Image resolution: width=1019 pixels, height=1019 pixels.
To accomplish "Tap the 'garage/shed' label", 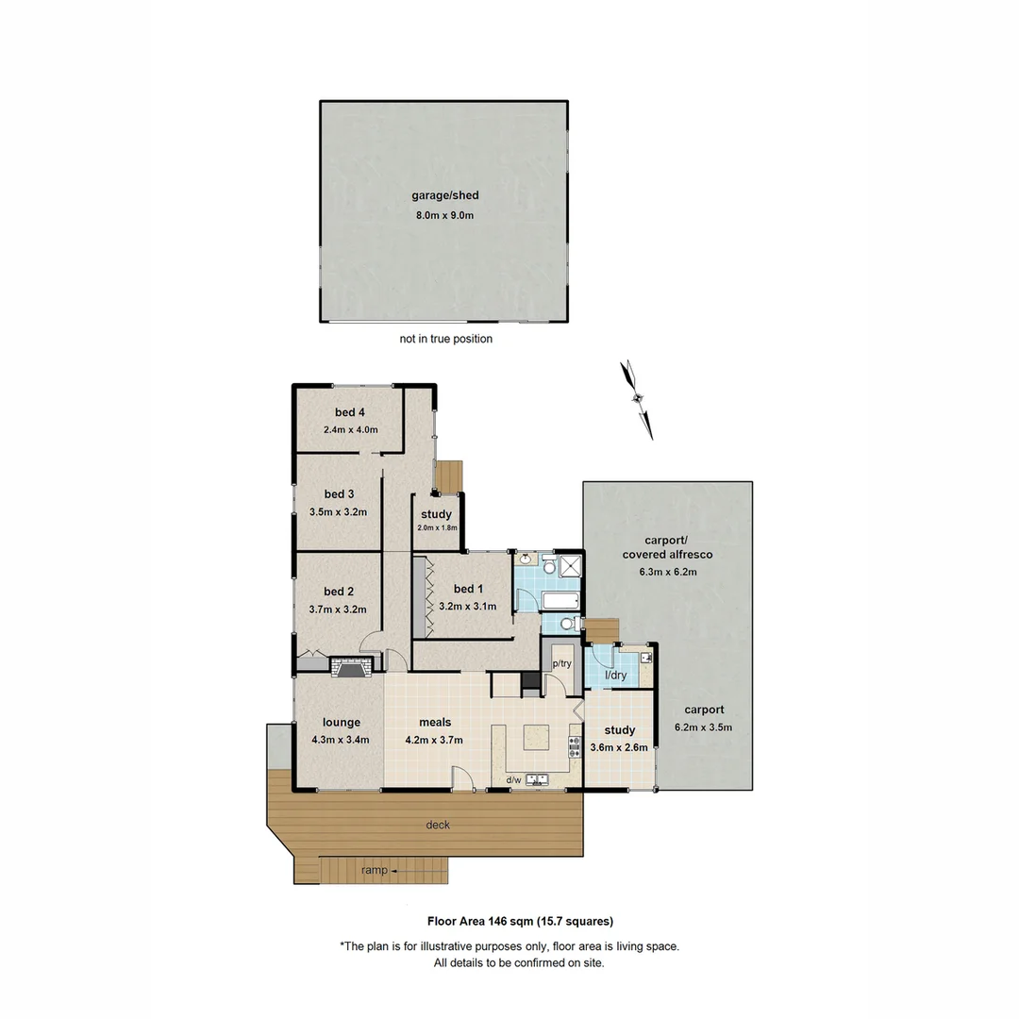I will tap(444, 195).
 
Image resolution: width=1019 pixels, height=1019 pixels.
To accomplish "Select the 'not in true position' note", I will tap(445, 339).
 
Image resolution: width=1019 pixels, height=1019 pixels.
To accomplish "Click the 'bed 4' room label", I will tap(350, 412).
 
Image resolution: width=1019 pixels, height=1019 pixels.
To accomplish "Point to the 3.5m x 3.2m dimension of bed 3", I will tap(338, 512).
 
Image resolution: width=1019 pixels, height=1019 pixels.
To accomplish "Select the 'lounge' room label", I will tap(342, 723).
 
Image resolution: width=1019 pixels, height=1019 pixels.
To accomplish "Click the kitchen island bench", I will tap(536, 737).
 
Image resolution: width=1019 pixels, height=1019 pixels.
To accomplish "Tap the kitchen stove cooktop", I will tap(573, 748).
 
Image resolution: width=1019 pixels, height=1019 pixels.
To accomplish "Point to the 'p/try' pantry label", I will tap(562, 664).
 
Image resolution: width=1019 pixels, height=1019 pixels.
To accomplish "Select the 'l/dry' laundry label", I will tap(615, 677).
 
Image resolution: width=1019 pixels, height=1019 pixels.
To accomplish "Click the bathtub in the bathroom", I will tap(539, 601).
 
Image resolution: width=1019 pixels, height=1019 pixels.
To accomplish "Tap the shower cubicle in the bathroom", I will tap(571, 566).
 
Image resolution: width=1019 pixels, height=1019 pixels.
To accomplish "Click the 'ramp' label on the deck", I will tap(375, 870).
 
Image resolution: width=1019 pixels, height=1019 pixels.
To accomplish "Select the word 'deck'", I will tap(438, 825).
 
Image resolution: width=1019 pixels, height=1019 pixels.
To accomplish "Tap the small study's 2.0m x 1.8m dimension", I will tap(437, 528).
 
